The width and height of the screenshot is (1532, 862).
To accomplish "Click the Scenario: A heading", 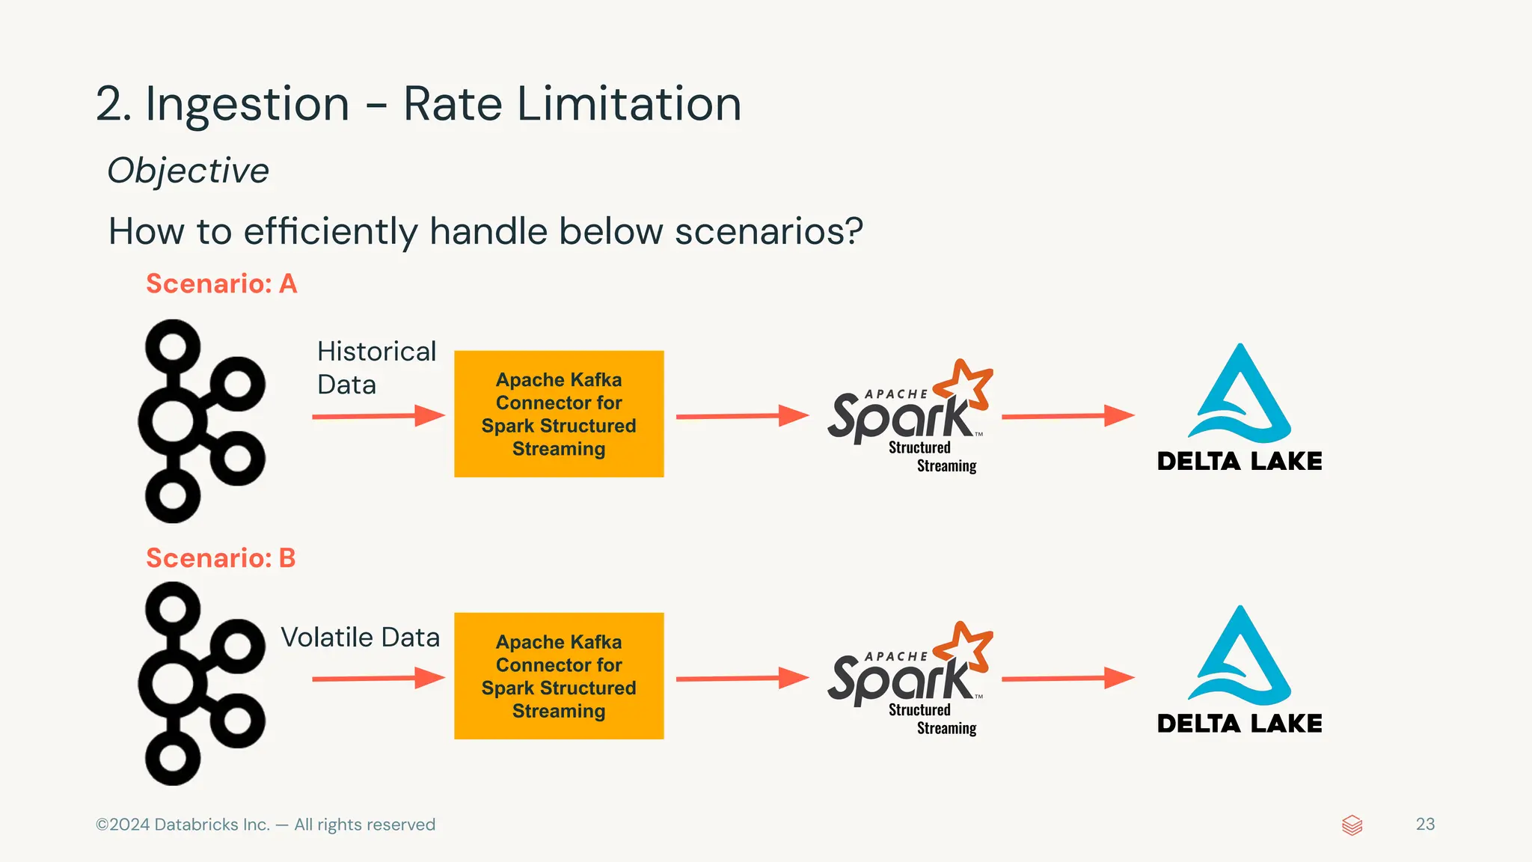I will click(221, 284).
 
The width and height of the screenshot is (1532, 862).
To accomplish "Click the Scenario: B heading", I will click(221, 558).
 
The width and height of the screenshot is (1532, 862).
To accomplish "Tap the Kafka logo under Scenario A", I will click(200, 421).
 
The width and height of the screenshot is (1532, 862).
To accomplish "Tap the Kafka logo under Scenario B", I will click(200, 683).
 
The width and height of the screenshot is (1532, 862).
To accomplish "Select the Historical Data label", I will click(376, 367).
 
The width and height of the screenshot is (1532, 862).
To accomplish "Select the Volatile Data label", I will click(360, 638).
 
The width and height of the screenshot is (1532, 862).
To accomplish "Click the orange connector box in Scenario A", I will click(559, 414).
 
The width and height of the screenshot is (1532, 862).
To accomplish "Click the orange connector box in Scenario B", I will click(559, 676).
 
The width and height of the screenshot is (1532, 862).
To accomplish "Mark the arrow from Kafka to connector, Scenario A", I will click(378, 416).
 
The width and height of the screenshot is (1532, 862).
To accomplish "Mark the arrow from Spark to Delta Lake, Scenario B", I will click(1067, 679).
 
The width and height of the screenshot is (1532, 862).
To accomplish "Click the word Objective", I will click(188, 171).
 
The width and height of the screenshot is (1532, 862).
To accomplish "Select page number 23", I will click(1425, 824).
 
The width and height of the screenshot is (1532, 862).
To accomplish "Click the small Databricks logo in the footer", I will click(1352, 825).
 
